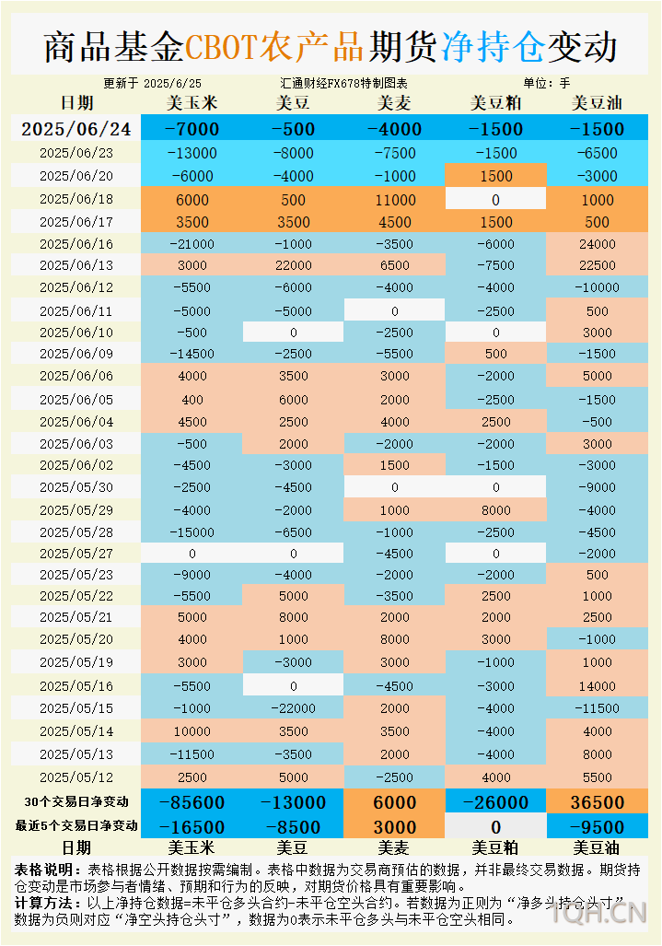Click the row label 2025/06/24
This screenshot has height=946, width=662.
tap(76, 129)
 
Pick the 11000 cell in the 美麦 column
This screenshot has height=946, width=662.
tap(395, 199)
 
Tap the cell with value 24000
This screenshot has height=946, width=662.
tap(597, 244)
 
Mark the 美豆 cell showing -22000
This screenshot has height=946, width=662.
tap(294, 708)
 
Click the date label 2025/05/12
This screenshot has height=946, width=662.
tap(76, 777)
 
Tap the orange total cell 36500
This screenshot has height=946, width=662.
tap(597, 802)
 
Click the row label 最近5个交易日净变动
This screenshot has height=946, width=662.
tap(76, 826)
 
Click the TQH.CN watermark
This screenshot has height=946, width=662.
tap(599, 914)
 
